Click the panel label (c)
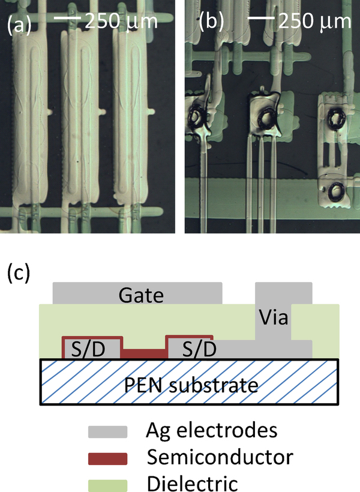tap(19, 273)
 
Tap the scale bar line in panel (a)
tap(68, 19)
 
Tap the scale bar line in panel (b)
tap(260, 19)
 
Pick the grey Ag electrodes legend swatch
tap(107, 431)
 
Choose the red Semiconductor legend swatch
tap(107, 458)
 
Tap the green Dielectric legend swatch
tap(107, 484)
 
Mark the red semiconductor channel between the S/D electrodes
tap(144, 353)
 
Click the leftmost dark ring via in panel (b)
tap(196, 114)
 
